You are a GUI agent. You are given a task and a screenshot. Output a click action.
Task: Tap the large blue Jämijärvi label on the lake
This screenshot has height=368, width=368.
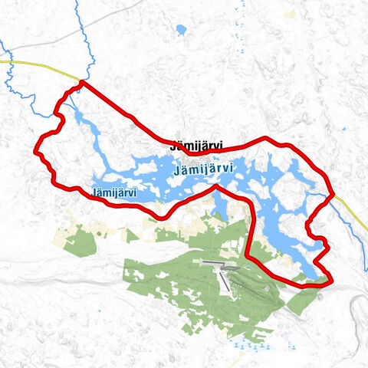click(203, 167)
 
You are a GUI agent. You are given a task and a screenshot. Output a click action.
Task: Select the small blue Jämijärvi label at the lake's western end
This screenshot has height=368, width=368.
click(113, 193)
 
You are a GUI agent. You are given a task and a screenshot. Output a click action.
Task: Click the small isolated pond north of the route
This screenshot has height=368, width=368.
click(181, 31)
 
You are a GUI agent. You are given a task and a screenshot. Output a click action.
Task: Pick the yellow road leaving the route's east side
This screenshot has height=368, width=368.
click(350, 210)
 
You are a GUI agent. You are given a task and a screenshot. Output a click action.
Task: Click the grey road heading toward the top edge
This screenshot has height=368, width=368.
click(115, 15)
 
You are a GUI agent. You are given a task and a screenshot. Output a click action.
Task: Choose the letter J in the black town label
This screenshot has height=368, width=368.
click(172, 143)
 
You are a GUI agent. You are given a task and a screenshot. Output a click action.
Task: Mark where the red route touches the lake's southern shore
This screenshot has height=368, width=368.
click(216, 186)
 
